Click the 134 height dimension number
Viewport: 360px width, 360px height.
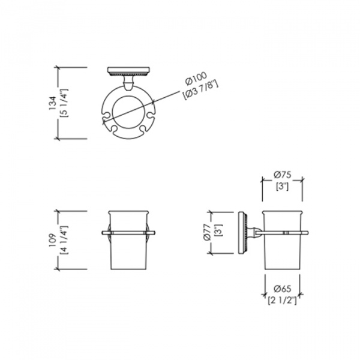point(52,103)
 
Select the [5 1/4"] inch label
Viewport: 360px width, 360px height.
point(64,103)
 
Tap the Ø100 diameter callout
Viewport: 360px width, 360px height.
point(196,79)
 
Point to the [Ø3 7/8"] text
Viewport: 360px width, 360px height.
point(200,90)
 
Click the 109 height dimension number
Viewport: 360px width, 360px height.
point(52,240)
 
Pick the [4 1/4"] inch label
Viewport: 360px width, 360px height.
point(64,240)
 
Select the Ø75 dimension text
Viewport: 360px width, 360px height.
point(283,175)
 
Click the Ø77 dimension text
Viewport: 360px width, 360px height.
point(208,232)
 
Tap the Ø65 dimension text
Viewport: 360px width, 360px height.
point(283,289)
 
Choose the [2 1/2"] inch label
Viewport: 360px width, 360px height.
point(283,301)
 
